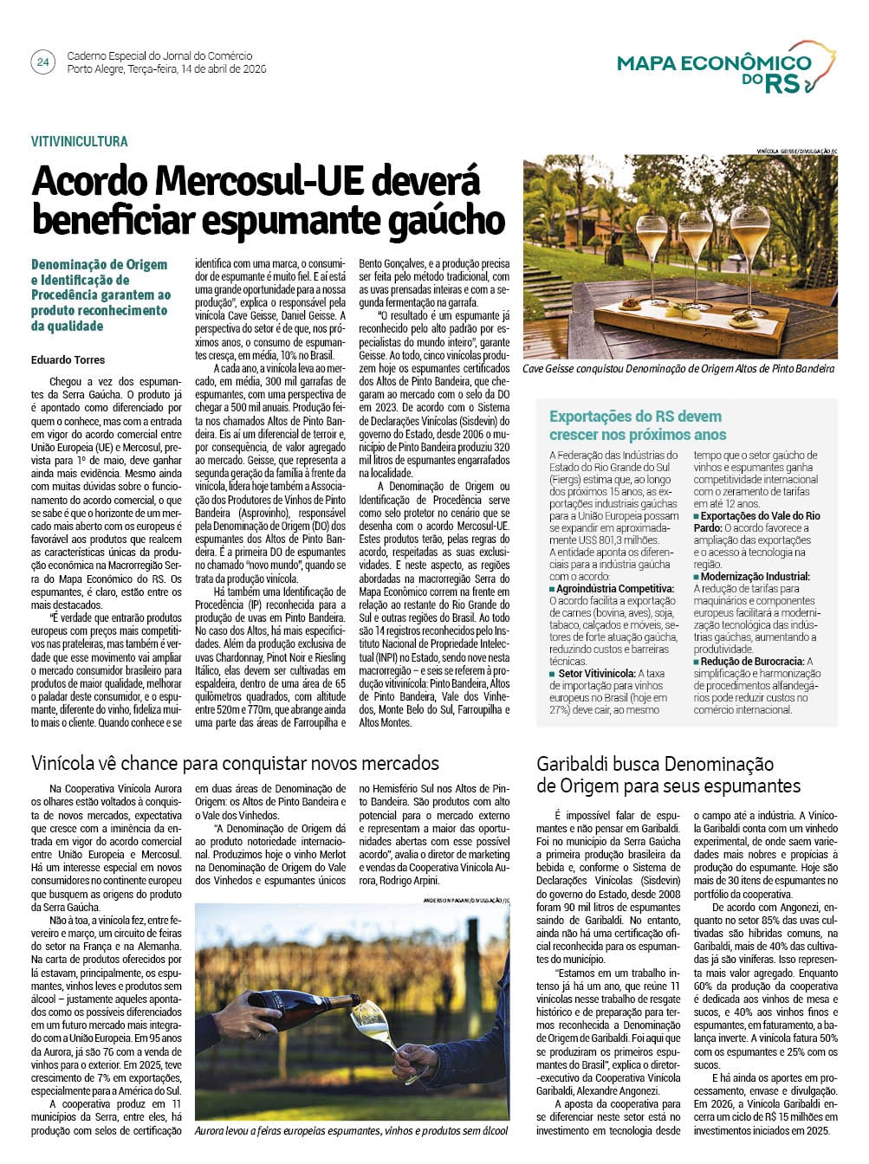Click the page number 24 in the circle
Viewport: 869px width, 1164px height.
coord(42,62)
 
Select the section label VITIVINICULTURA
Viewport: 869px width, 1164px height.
coord(80,141)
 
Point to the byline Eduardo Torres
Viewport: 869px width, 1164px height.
coord(68,359)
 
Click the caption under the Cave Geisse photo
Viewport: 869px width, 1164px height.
coord(678,369)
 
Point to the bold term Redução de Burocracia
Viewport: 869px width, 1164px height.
coord(752,661)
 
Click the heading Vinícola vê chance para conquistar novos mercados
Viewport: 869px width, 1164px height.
coord(236,763)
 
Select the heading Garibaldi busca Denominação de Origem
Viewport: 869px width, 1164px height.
coord(668,774)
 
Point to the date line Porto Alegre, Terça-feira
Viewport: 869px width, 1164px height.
coord(166,69)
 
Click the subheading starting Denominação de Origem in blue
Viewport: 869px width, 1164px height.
coord(101,294)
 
